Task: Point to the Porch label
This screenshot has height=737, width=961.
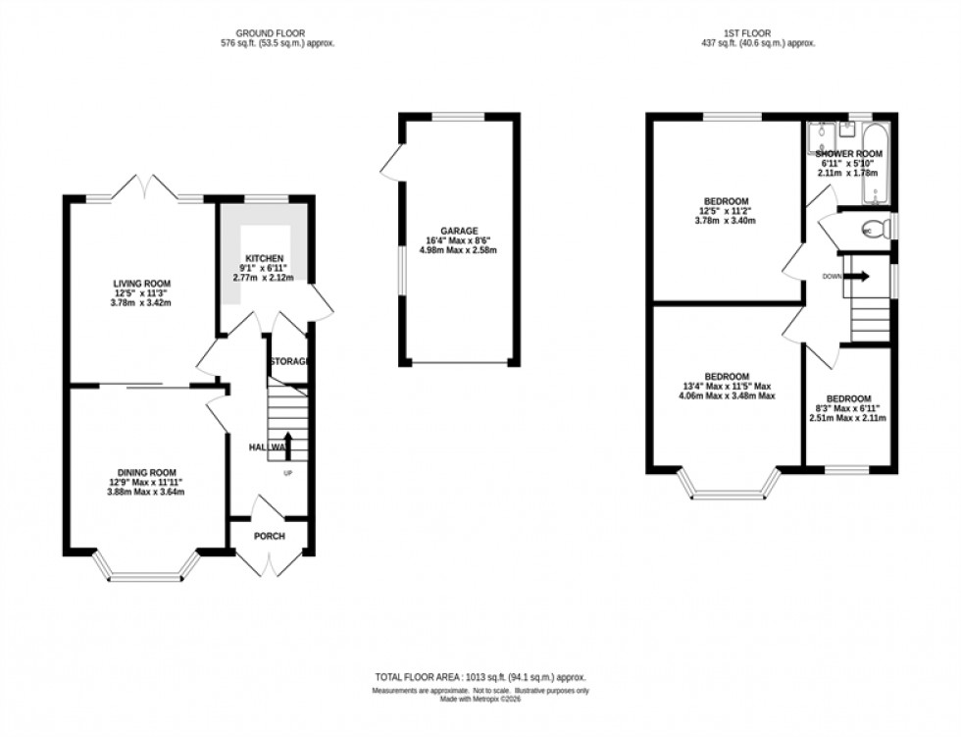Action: (269, 537)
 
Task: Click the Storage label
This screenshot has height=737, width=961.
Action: (291, 361)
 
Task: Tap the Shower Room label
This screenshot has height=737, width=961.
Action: (849, 154)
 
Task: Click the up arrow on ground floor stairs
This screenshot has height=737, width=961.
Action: (288, 443)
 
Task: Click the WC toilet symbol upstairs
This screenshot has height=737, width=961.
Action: (869, 231)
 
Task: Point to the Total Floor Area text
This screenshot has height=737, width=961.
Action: (480, 678)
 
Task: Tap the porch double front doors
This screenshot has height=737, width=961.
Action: (269, 563)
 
